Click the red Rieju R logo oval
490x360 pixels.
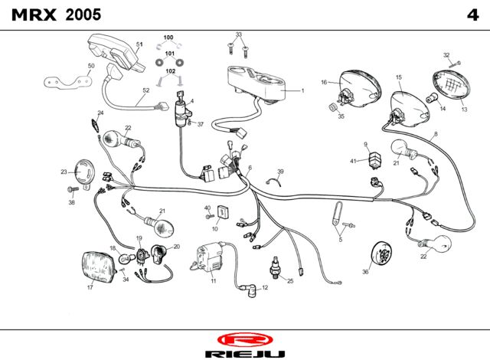click(245, 339)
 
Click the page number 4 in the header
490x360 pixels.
click(472, 15)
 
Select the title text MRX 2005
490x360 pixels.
click(56, 15)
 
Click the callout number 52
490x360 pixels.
click(146, 90)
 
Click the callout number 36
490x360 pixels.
click(365, 272)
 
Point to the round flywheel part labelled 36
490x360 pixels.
click(381, 254)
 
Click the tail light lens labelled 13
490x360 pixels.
click(450, 83)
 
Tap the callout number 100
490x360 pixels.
click(168, 38)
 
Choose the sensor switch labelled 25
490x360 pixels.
click(275, 268)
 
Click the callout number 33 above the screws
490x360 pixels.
click(239, 34)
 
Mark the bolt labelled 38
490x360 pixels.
click(73, 189)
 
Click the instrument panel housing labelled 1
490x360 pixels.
click(257, 82)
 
